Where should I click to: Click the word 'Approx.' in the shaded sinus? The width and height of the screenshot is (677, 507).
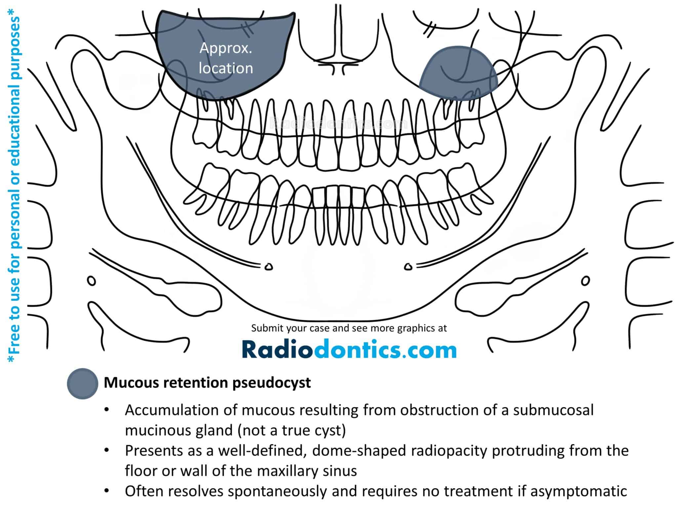[226, 49]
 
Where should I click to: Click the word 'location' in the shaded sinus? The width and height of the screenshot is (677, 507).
[226, 68]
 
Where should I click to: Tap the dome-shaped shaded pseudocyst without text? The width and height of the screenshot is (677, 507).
[458, 73]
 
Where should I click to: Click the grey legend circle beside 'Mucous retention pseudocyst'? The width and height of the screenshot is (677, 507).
[82, 384]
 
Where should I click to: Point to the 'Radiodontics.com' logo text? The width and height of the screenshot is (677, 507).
[349, 350]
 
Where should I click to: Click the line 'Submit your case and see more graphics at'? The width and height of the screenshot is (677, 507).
[349, 328]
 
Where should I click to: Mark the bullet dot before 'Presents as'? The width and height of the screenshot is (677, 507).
[106, 451]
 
